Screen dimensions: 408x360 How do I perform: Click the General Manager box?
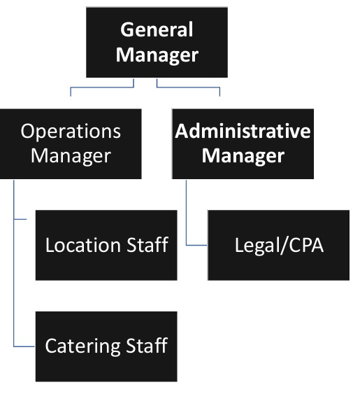tap(156, 41)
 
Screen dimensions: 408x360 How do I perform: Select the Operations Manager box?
tap(71, 143)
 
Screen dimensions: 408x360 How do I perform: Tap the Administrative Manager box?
tap(243, 143)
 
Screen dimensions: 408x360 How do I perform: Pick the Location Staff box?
tap(106, 245)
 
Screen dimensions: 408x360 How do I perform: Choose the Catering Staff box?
tap(106, 346)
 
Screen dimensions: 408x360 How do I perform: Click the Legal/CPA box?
tap(278, 245)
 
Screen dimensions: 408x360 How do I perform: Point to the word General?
tap(157, 30)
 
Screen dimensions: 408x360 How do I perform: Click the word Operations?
tap(71, 131)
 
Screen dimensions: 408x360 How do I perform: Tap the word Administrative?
tap(243, 131)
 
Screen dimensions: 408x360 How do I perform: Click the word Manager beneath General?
tap(157, 54)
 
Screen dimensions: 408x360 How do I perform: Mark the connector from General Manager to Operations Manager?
tap(101, 88)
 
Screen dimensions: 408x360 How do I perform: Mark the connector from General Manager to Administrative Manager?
tap(189, 88)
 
